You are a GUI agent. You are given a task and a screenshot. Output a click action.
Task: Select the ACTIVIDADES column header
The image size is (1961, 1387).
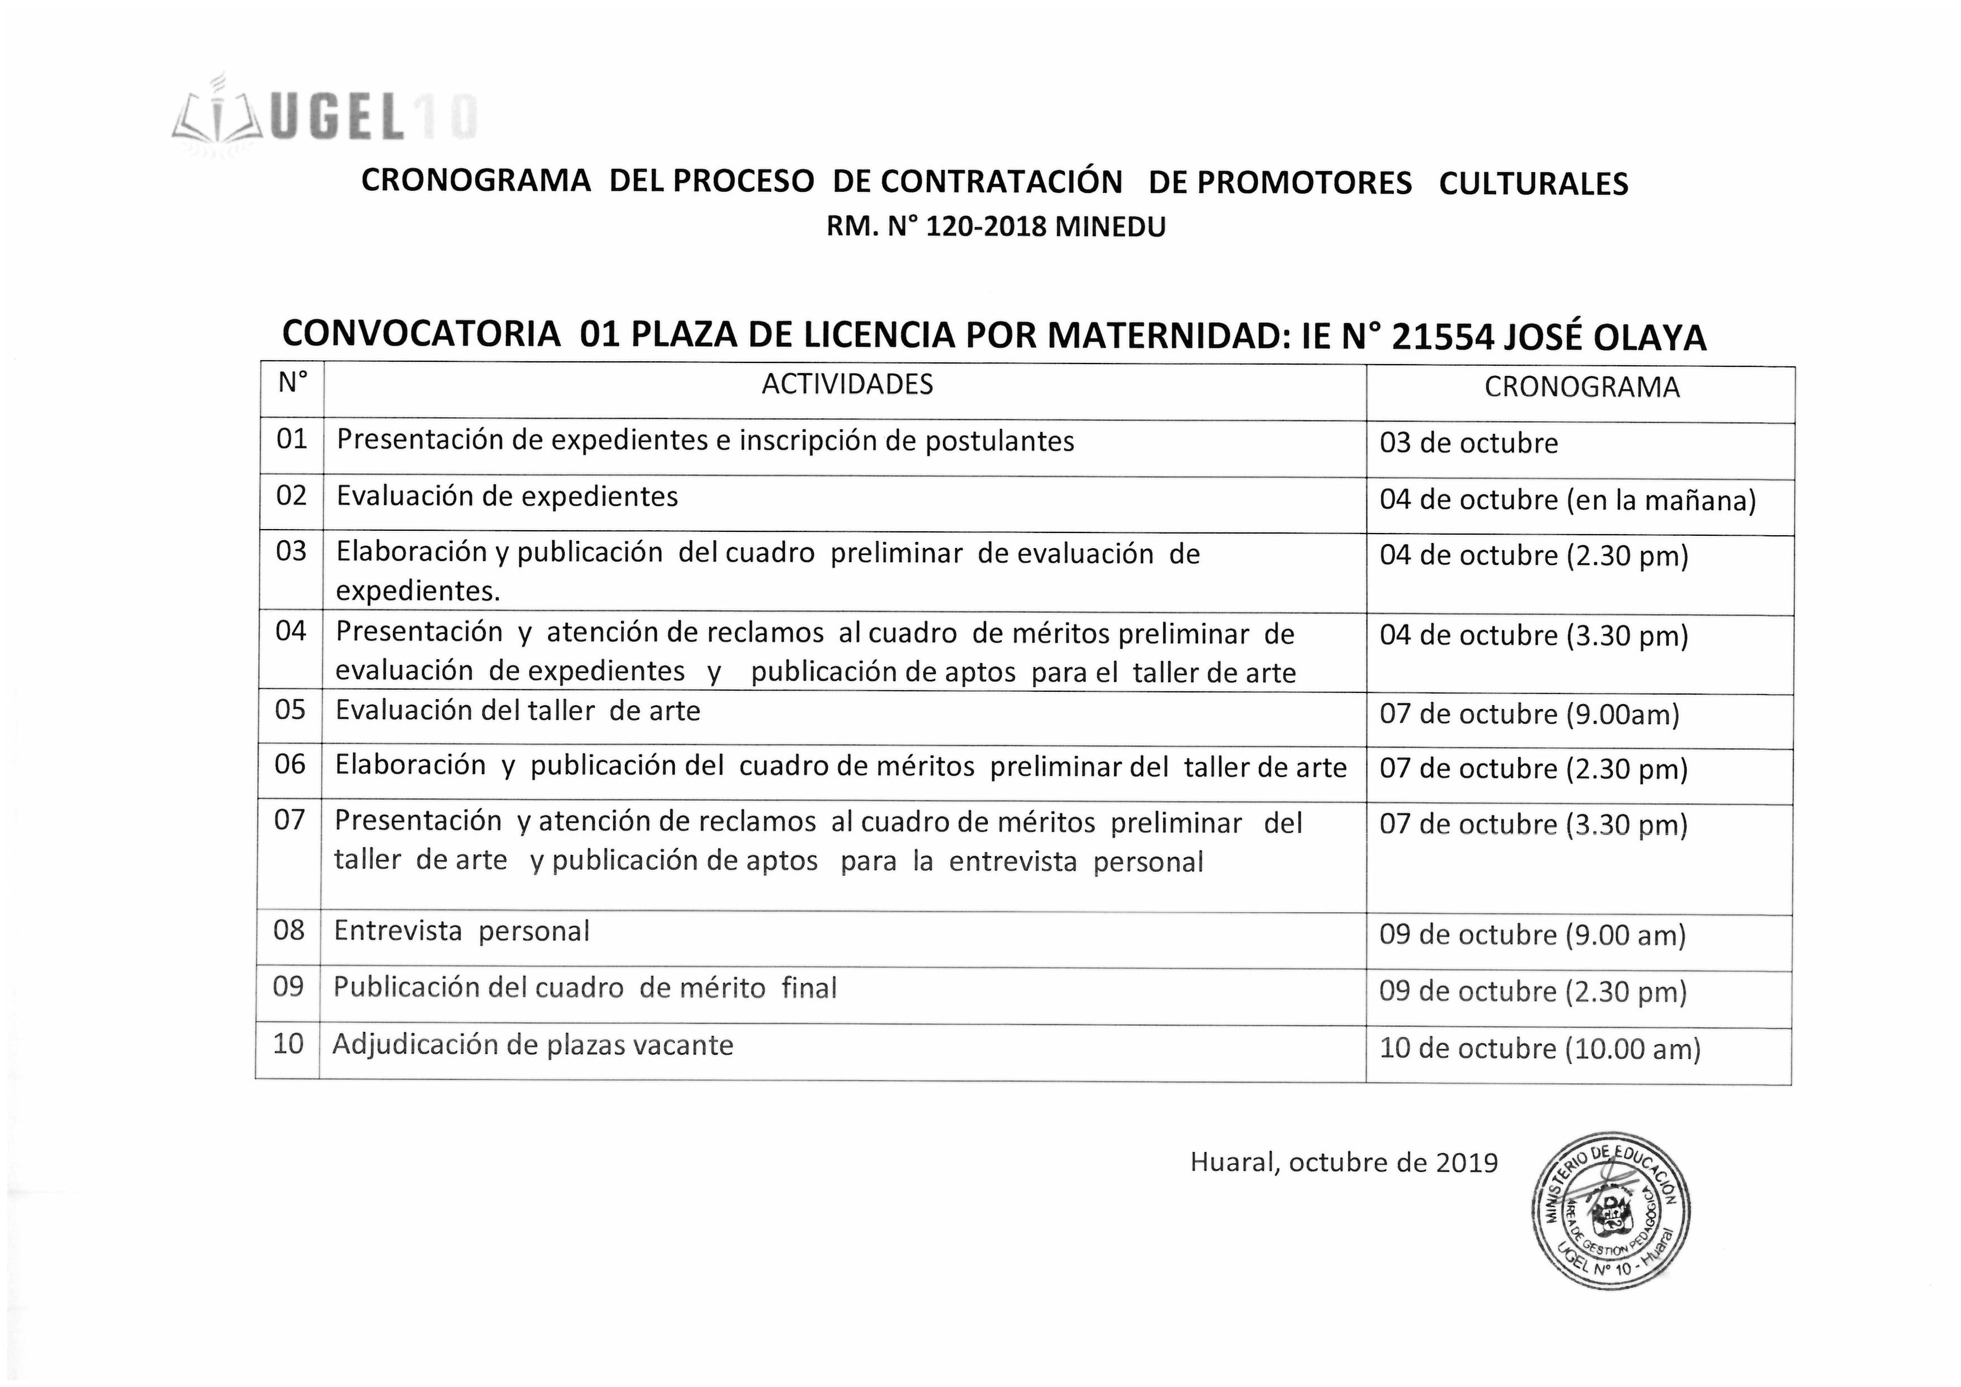pos(846,385)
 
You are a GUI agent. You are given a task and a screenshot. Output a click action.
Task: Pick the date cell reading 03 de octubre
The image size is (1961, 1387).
pos(1468,444)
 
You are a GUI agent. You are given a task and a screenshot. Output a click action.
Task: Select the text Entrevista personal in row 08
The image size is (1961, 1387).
pos(461,931)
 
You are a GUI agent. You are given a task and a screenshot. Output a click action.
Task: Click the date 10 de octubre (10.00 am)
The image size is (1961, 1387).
pos(1539,1049)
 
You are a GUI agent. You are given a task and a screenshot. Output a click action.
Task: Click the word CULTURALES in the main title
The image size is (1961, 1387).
pos(1533,184)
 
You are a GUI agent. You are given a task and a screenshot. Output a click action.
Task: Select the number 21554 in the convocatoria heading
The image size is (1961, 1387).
pos(1443,338)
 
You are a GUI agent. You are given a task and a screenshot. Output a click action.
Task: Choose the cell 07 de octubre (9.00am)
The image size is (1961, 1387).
pos(1529,714)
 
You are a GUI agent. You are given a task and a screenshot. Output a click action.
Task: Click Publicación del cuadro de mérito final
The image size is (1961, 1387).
pos(584,988)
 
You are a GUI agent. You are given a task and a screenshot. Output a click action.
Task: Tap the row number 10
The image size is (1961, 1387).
pos(288,1044)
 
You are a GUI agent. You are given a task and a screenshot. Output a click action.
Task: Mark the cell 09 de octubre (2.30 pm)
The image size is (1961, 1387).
pos(1532,992)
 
